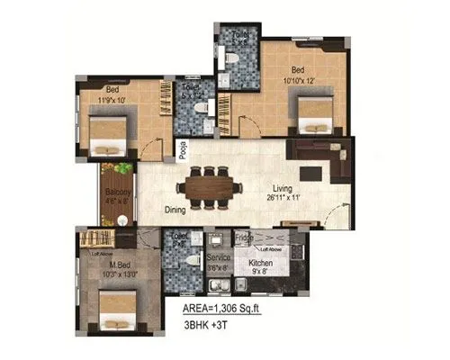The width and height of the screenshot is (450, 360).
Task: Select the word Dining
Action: coord(175,211)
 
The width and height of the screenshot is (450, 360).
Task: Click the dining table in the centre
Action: coord(210,189)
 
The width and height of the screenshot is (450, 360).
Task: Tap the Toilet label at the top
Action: coord(240,34)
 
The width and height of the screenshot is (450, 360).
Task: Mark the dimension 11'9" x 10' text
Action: coord(116,98)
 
